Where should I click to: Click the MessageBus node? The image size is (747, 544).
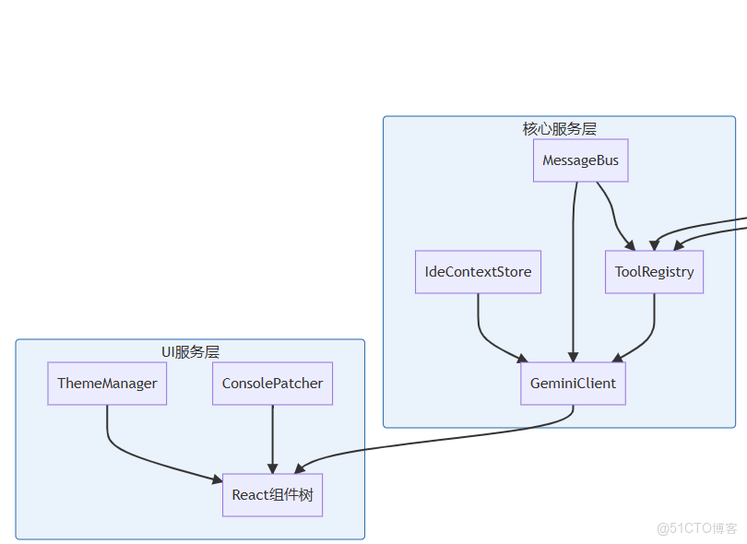click(581, 160)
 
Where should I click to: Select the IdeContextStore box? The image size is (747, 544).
click(478, 272)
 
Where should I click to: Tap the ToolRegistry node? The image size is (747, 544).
click(654, 272)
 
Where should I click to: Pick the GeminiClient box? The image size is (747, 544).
click(573, 383)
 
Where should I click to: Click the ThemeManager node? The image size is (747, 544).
click(107, 383)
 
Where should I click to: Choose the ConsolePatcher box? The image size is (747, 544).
click(272, 383)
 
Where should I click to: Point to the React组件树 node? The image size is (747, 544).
click(272, 495)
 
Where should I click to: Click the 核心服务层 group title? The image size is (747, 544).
click(559, 128)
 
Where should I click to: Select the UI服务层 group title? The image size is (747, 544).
click(190, 351)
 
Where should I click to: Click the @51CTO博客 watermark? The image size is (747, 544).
click(697, 528)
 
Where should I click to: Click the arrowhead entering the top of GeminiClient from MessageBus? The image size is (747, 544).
click(573, 357)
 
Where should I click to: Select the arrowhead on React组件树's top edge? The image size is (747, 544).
click(272, 467)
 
